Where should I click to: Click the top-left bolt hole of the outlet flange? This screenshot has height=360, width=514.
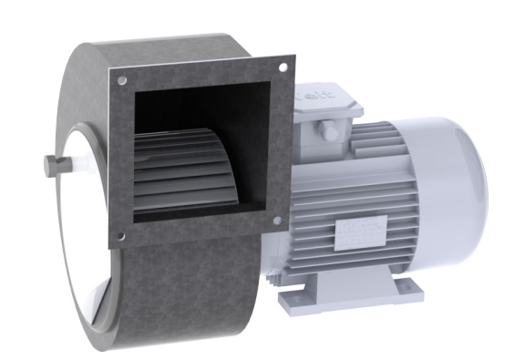click(118, 80)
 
